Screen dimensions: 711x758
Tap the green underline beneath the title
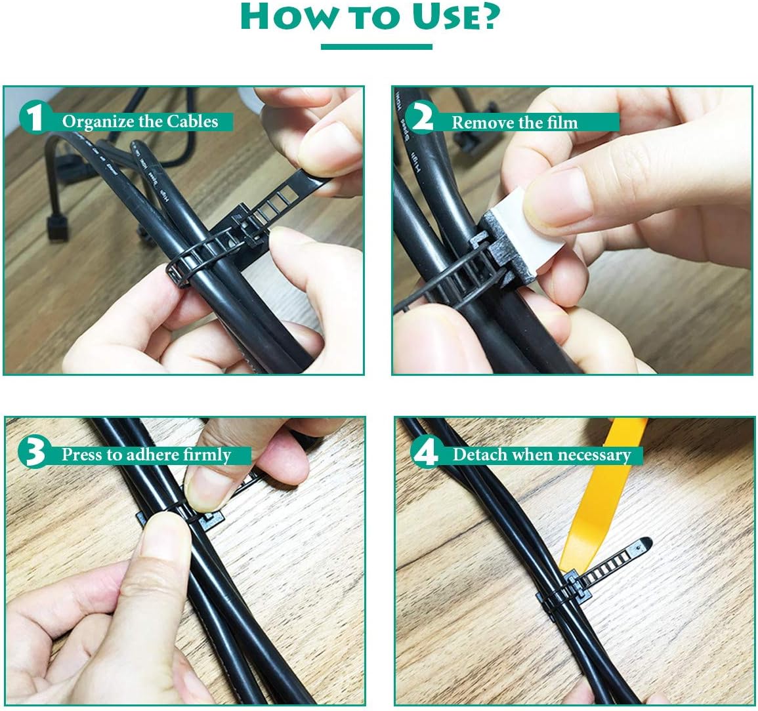click(376, 47)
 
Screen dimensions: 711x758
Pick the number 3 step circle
click(33, 453)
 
